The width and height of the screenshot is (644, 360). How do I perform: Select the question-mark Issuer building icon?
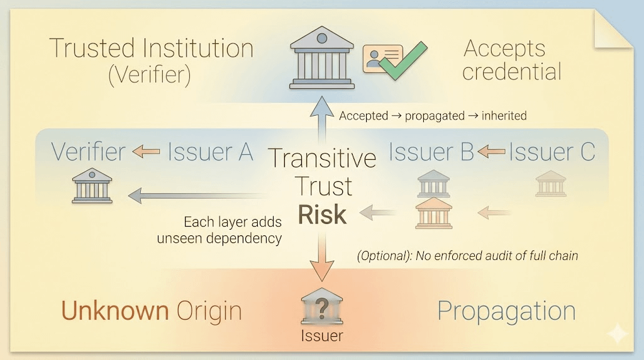point(321,308)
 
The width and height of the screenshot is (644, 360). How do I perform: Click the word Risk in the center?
point(322,215)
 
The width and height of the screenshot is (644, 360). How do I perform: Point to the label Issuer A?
point(210,152)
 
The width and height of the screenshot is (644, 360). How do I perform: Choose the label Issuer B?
point(430,152)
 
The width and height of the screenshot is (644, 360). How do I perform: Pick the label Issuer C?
point(552,152)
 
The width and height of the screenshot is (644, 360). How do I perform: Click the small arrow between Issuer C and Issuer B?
point(491,152)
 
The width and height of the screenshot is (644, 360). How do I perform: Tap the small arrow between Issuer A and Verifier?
point(146,152)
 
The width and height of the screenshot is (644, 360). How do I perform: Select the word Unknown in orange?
point(114,311)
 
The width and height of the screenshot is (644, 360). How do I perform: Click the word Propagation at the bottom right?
point(506,311)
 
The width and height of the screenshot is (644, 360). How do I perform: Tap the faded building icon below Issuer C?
point(551,184)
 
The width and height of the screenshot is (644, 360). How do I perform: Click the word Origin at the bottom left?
point(209,311)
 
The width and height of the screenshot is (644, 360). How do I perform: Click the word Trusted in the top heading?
point(92,48)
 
